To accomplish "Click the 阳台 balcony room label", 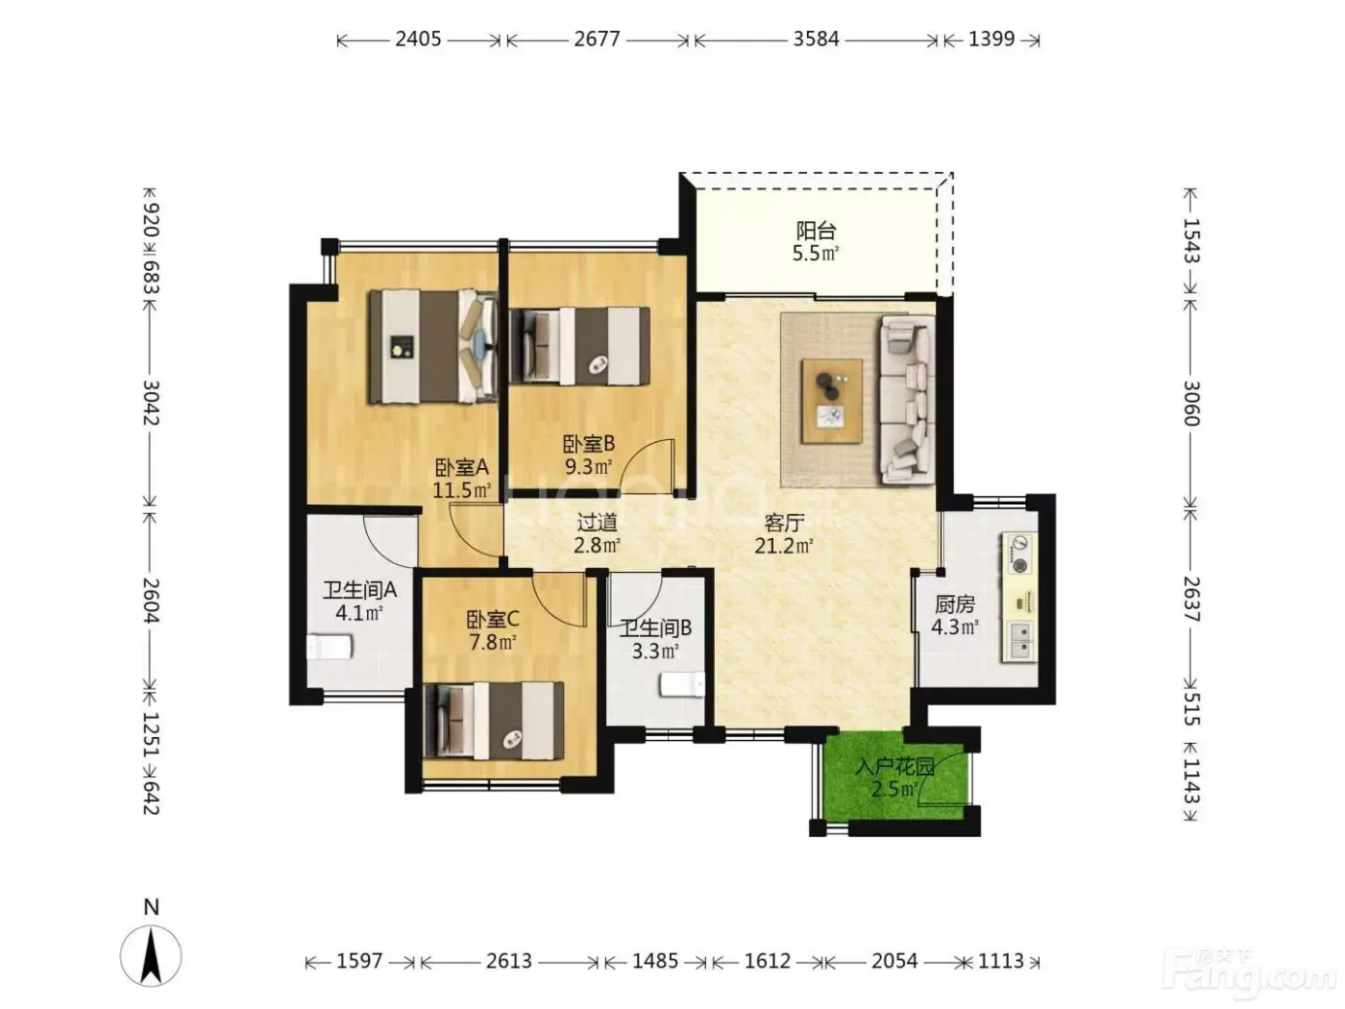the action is point(816,231).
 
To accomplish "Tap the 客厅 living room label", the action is point(784,523).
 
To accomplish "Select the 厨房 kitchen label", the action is point(955,604).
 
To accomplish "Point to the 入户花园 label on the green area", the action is point(894,767).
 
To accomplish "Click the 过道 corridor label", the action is point(598,522).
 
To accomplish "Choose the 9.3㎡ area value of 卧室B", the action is point(588,467).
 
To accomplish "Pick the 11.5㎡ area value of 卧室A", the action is point(462,490).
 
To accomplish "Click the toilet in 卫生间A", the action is point(330,647).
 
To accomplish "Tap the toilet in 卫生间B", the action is point(682,685).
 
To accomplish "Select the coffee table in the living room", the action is point(832,401).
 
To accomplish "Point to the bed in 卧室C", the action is point(493,721).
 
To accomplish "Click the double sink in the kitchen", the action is point(1019,641).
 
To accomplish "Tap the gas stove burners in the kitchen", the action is point(1019,554).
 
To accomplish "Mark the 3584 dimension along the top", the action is point(816,39).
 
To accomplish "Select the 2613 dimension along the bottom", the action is point(509,961).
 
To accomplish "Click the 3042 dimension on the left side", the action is point(151,403).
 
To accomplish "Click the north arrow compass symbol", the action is point(151,955).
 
